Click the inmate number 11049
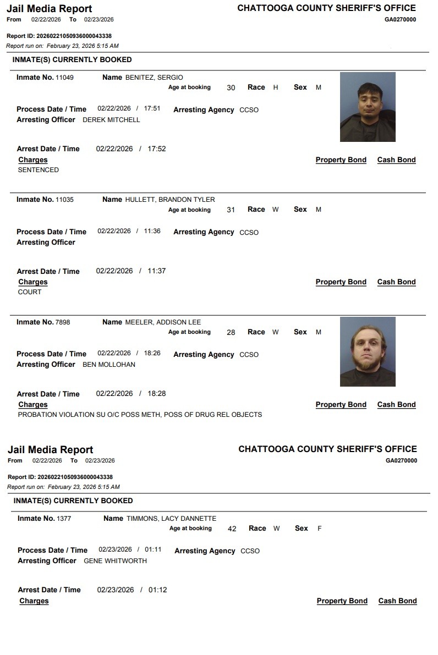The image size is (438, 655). (64, 78)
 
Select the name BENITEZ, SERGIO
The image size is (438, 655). (154, 78)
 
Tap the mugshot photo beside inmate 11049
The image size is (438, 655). (368, 107)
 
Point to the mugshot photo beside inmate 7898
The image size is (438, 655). (368, 351)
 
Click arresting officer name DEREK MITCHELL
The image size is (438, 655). (111, 120)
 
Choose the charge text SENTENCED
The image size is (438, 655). (39, 170)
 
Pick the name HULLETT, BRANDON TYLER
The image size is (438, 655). (170, 200)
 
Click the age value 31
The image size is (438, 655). (231, 210)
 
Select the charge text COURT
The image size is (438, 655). (30, 292)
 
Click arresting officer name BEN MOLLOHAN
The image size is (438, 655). (109, 365)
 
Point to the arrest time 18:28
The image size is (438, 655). (157, 394)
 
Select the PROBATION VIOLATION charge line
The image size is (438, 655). (140, 415)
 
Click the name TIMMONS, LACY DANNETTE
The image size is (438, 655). (171, 519)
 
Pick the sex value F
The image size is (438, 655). (320, 529)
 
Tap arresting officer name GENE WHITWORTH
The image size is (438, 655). (115, 561)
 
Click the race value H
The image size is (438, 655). (276, 87)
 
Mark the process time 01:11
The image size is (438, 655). (154, 549)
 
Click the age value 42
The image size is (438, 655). (232, 529)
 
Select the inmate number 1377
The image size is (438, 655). (64, 519)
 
